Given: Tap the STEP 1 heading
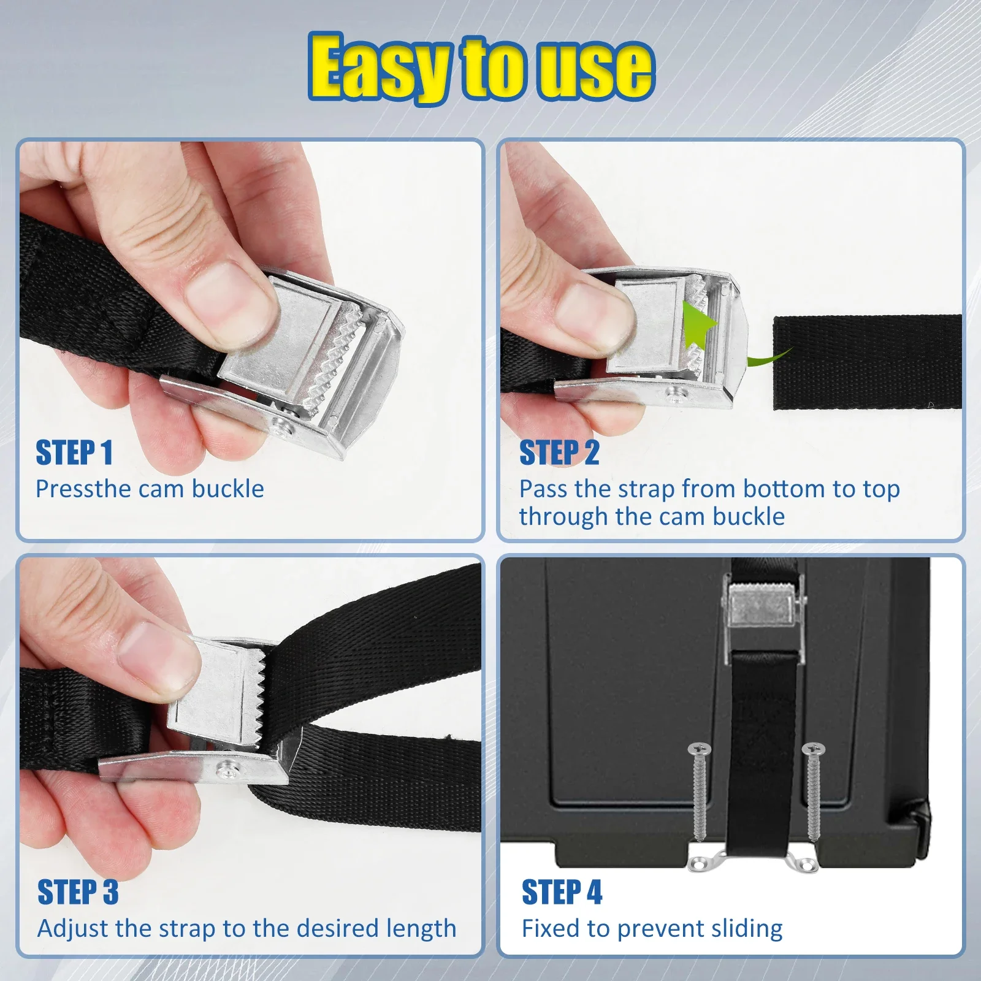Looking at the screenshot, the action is (74, 453).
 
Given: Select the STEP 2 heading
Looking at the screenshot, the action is (559, 453).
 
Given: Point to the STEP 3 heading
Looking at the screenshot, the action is (78, 892).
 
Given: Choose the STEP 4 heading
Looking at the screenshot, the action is (562, 892).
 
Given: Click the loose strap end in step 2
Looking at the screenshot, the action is (867, 362).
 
